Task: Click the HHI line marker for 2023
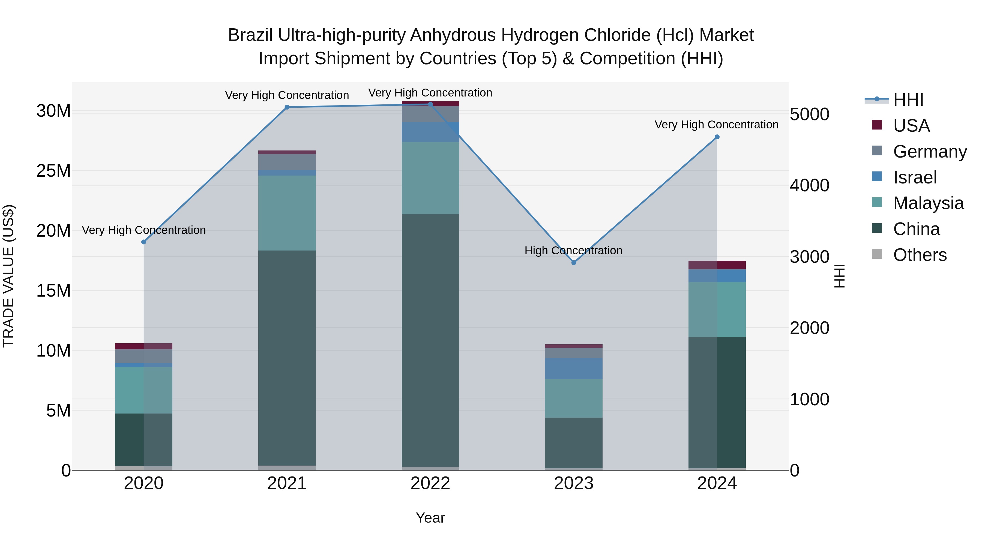click(573, 263)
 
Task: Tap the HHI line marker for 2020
click(144, 242)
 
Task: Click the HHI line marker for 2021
click(287, 107)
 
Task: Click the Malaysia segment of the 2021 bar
click(287, 213)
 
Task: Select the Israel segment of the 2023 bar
click(573, 368)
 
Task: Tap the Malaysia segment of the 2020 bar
click(144, 390)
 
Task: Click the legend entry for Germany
click(930, 152)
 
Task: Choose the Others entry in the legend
click(920, 255)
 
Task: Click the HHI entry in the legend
click(908, 100)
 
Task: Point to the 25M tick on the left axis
click(53, 171)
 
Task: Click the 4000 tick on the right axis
click(809, 186)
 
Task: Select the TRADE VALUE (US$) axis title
click(8, 276)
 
